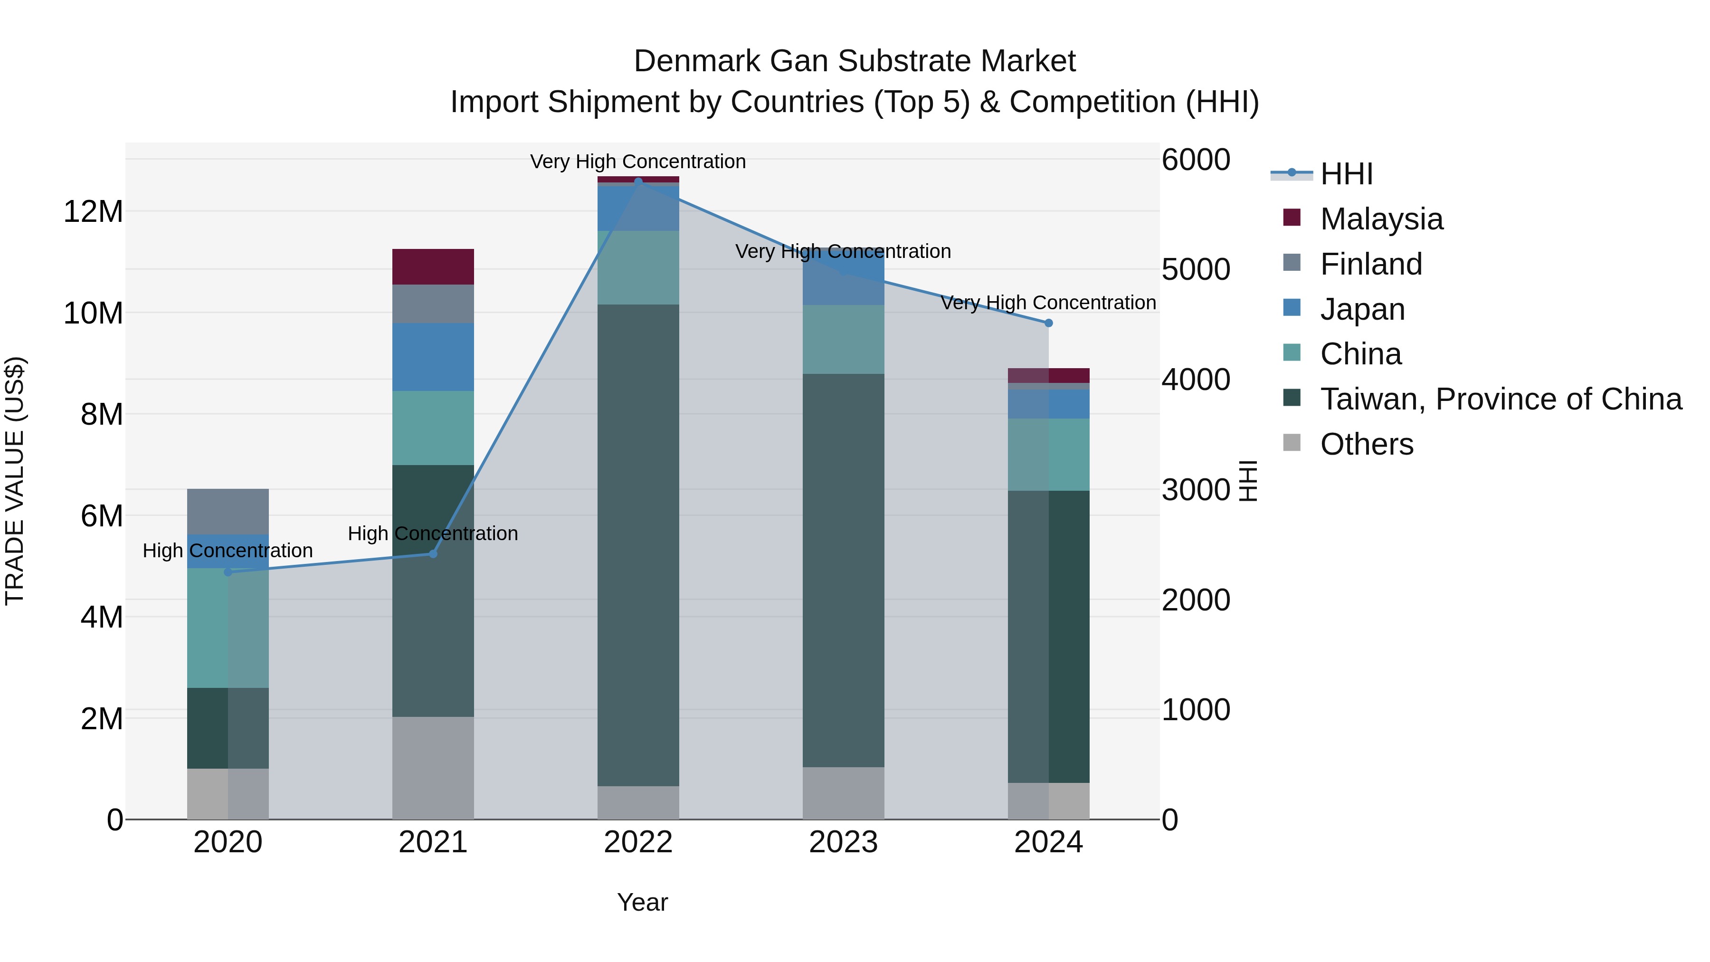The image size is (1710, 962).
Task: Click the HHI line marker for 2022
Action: point(638,181)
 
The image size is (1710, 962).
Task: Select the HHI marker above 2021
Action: point(433,554)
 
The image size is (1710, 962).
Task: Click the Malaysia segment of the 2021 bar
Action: point(433,266)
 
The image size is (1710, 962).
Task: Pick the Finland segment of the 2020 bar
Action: point(228,511)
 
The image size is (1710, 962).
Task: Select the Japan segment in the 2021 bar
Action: point(433,356)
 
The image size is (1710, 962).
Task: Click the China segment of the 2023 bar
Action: point(843,339)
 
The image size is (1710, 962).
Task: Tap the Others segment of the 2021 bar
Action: point(433,768)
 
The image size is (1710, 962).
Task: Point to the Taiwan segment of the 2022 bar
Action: point(638,544)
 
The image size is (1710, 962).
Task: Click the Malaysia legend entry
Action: point(1381,219)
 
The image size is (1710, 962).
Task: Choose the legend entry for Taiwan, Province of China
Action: point(1500,399)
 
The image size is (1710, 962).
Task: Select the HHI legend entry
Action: point(1346,174)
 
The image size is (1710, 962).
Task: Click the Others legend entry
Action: point(1366,444)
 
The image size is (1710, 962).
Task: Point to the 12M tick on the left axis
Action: point(93,212)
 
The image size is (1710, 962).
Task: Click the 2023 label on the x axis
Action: point(843,842)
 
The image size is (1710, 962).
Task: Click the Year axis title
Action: point(642,902)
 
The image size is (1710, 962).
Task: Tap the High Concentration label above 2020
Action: point(228,551)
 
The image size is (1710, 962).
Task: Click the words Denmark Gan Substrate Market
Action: point(855,61)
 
